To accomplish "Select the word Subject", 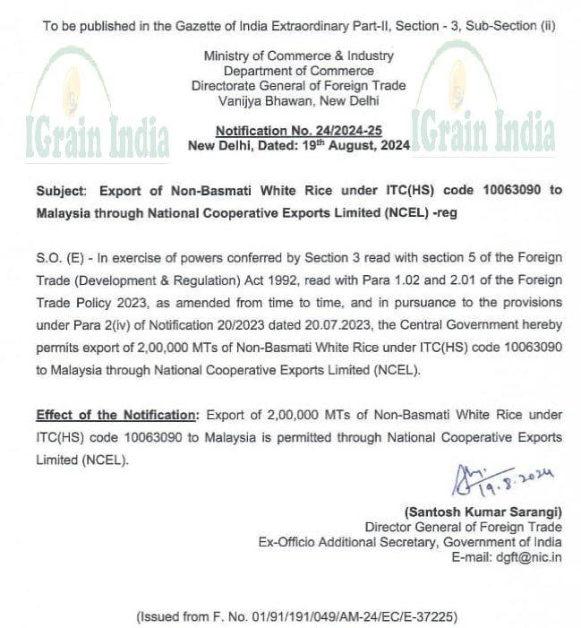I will point(62,190).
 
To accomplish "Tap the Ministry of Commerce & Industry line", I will point(298,56).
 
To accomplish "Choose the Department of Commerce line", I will point(298,71).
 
